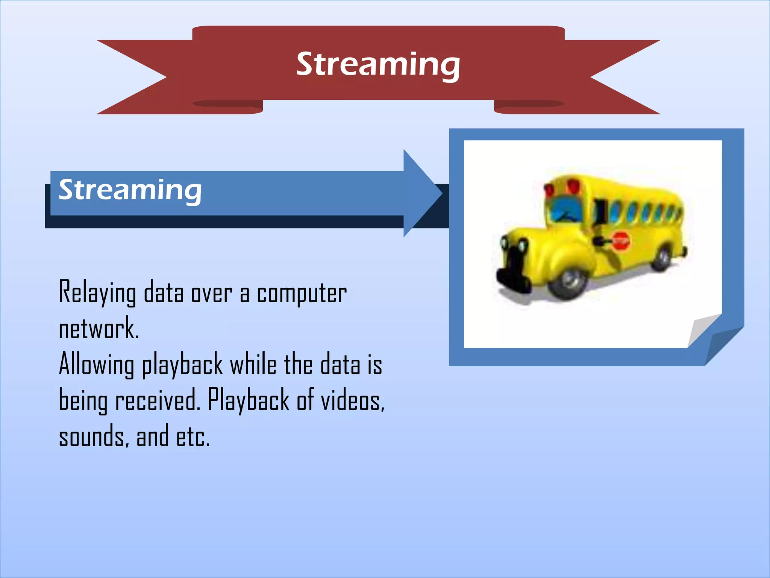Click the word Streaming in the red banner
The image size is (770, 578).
[x=378, y=65]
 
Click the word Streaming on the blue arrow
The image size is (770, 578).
[x=130, y=190]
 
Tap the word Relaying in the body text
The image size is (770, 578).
[x=97, y=293]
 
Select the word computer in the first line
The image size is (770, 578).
[x=302, y=294]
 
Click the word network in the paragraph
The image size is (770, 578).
[x=99, y=329]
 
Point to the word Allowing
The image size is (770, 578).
[x=96, y=364]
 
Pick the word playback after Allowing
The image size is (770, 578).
[x=182, y=365]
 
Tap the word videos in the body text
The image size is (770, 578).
[x=352, y=400]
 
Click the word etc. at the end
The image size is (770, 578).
[x=193, y=437]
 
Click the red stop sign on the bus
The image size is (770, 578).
[x=621, y=241]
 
